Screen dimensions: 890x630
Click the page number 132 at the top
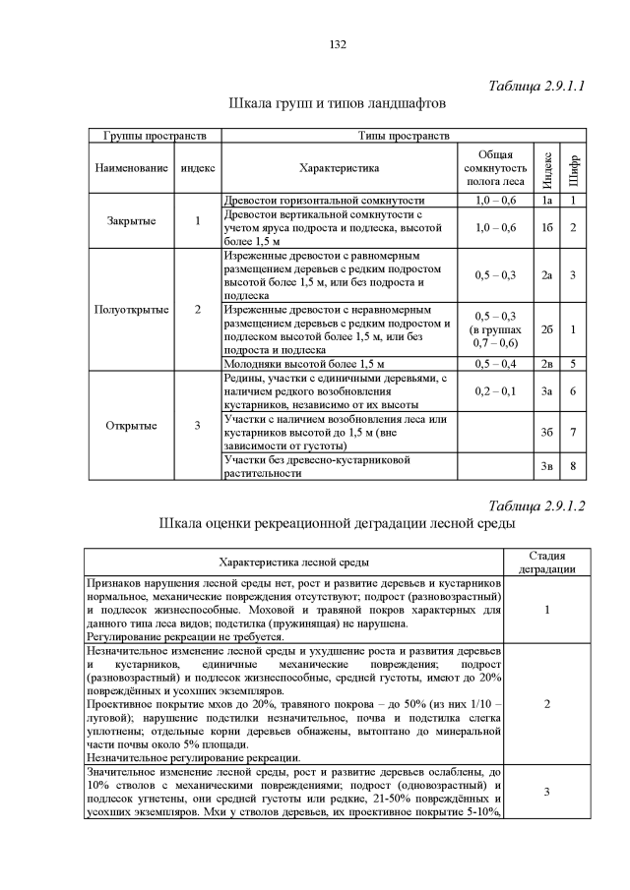(x=338, y=45)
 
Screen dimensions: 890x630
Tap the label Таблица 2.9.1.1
(x=537, y=86)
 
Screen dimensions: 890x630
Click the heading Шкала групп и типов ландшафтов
(x=338, y=102)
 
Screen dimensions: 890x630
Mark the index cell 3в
(x=544, y=466)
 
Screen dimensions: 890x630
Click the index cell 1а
(x=544, y=200)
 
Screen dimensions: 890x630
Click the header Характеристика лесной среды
(x=294, y=563)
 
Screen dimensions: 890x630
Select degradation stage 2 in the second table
(x=546, y=703)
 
